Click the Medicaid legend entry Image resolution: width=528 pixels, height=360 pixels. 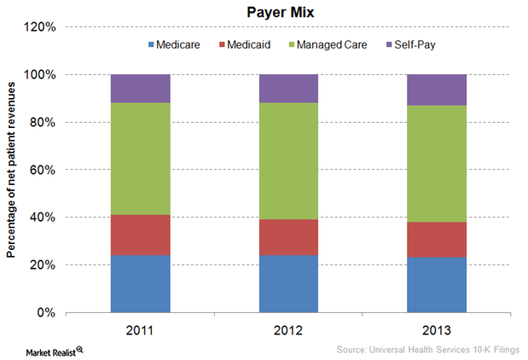point(247,44)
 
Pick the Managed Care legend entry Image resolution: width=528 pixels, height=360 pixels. point(328,44)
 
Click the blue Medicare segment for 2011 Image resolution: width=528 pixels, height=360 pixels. point(140,283)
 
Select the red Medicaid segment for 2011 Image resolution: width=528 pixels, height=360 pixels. point(140,235)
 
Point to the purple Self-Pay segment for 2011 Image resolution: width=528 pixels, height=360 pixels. point(140,89)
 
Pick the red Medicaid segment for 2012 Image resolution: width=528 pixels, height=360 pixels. point(288,237)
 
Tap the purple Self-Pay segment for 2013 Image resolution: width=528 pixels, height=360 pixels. point(437,90)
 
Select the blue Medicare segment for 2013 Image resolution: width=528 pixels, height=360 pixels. point(437,285)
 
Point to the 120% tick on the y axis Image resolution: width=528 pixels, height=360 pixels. point(40,27)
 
